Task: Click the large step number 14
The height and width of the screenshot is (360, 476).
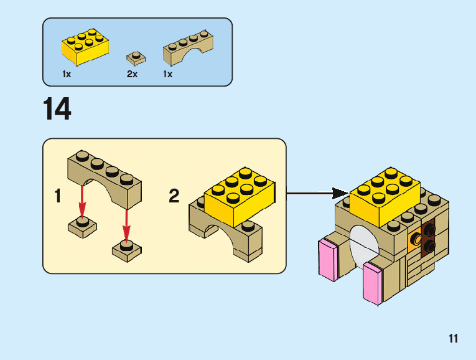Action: pos(57,108)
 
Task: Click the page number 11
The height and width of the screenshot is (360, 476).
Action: pos(453,338)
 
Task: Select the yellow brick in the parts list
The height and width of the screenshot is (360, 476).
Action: pos(85,47)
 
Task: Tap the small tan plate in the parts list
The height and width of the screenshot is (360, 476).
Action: pos(136,59)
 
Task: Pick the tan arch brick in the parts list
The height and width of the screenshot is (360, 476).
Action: pos(188,48)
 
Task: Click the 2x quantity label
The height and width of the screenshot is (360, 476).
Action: pos(132,74)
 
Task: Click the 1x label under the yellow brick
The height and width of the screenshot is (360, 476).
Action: pos(67,74)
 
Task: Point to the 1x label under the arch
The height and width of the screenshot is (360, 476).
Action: pos(167,74)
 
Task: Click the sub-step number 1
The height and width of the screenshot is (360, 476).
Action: pos(58,196)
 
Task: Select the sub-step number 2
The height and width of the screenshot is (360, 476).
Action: pos(174,196)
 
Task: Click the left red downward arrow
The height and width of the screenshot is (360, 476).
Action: pos(82,202)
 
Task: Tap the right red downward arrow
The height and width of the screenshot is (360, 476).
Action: pos(126,225)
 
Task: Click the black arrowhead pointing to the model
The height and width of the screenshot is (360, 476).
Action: pos(340,193)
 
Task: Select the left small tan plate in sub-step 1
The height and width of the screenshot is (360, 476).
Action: pos(82,227)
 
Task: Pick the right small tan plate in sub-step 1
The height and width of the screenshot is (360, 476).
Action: pos(127,250)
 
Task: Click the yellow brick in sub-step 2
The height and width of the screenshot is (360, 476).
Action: pos(240,197)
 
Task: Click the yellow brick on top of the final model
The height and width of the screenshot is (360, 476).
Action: pos(385,197)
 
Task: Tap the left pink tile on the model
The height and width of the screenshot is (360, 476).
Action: pos(329,260)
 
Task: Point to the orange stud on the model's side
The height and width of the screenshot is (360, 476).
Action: pos(414,239)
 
